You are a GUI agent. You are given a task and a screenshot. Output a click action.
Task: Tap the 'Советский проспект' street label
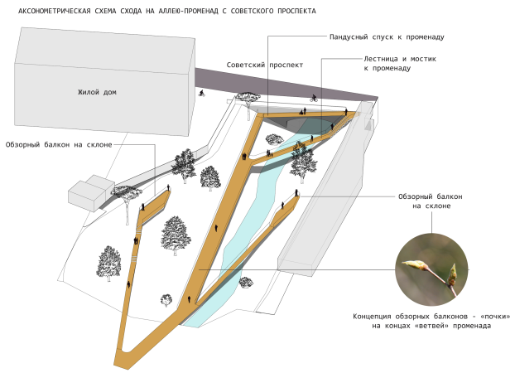(x=265, y=65)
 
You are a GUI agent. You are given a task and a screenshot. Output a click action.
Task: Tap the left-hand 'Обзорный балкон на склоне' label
(x=57, y=145)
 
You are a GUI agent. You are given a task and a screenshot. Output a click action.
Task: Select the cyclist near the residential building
(x=201, y=93)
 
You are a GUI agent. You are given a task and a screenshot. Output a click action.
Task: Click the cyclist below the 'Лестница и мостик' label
(x=314, y=98)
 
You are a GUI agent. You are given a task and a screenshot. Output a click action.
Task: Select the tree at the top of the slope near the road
(x=246, y=99)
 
